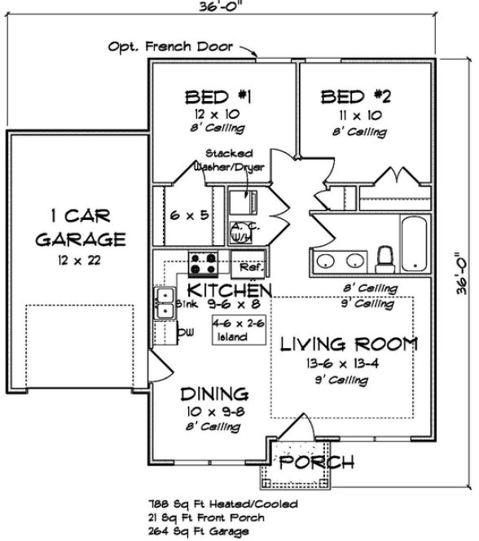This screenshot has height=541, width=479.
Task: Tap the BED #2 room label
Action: (357, 98)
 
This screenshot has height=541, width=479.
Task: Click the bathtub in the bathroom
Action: (412, 243)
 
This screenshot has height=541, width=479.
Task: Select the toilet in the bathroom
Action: (387, 257)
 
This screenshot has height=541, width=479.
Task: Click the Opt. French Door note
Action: (170, 46)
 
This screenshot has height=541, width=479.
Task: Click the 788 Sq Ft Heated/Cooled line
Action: (222, 504)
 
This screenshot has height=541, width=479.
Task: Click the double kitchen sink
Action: (165, 302)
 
